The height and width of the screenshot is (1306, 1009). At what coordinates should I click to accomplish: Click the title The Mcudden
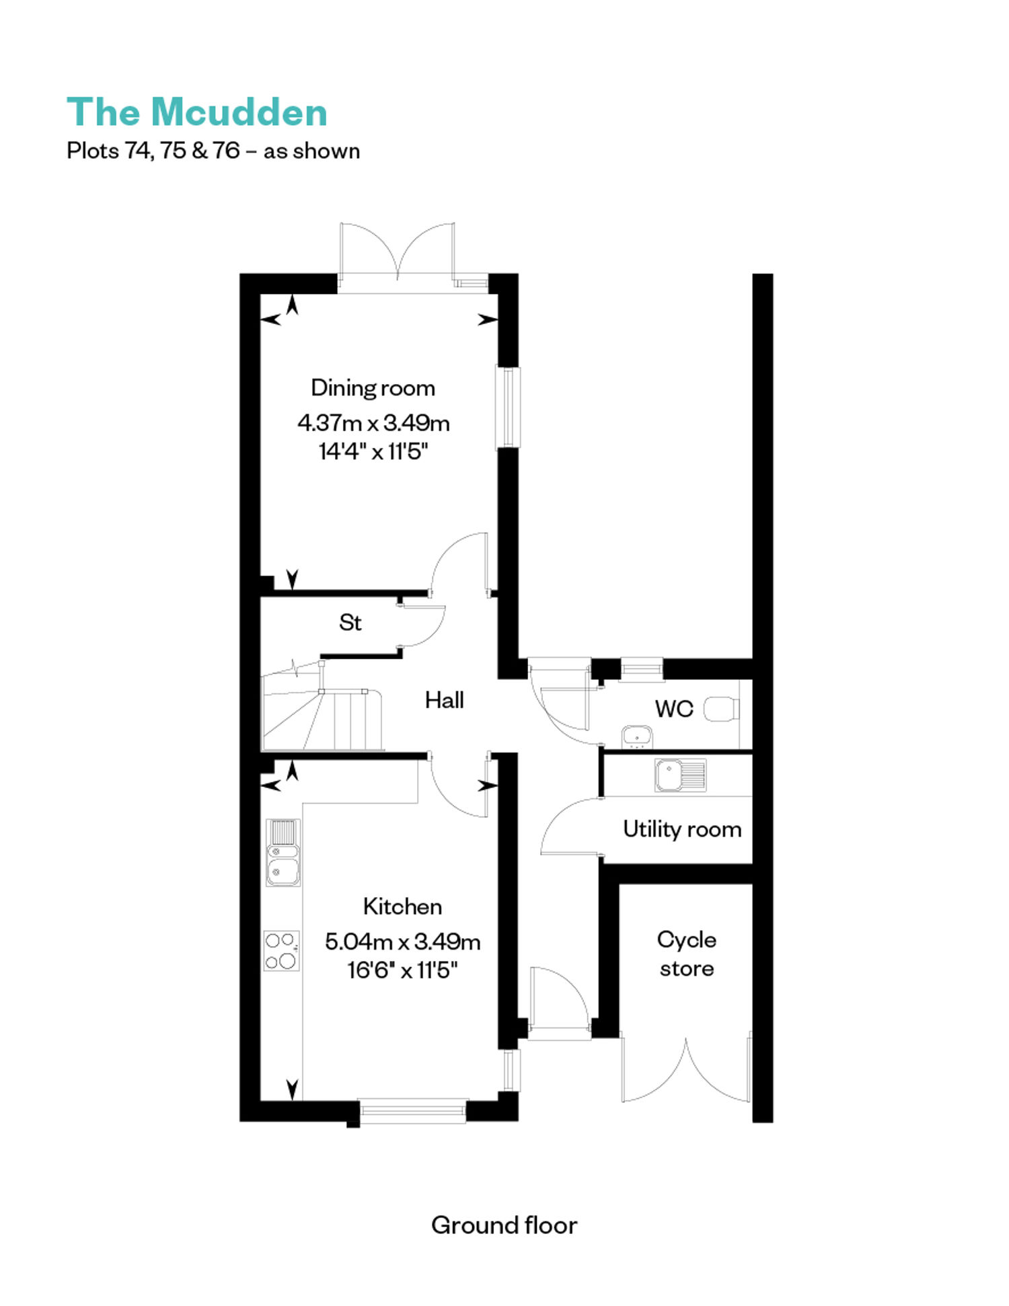click(197, 112)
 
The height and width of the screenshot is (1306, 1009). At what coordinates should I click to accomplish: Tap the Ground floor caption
click(504, 1225)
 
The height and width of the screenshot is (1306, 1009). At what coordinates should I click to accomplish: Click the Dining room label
click(373, 388)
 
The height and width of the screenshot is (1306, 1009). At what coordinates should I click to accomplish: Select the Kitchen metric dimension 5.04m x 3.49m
click(402, 941)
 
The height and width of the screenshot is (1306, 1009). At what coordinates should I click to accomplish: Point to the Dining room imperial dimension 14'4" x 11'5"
click(373, 451)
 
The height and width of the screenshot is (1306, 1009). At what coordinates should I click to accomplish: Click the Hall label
click(444, 700)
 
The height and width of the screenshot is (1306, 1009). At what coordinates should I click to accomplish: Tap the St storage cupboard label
click(350, 622)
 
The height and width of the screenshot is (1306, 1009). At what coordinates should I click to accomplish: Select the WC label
click(674, 708)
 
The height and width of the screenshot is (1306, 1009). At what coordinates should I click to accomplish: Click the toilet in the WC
click(721, 709)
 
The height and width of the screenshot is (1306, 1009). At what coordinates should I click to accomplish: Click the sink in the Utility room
click(681, 775)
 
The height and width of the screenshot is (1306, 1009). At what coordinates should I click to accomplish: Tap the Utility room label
click(682, 829)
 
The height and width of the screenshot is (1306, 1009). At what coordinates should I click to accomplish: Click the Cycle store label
click(686, 954)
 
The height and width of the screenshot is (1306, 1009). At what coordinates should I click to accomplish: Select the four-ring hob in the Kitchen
click(281, 950)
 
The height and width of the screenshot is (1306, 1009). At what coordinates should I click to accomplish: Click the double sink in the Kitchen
click(283, 852)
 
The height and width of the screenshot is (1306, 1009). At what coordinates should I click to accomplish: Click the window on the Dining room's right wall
click(508, 406)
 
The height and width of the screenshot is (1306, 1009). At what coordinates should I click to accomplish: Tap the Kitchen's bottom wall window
click(412, 1111)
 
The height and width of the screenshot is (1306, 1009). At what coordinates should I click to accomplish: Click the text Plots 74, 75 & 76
click(153, 151)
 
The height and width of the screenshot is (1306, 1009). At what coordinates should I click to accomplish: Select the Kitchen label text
click(402, 907)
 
